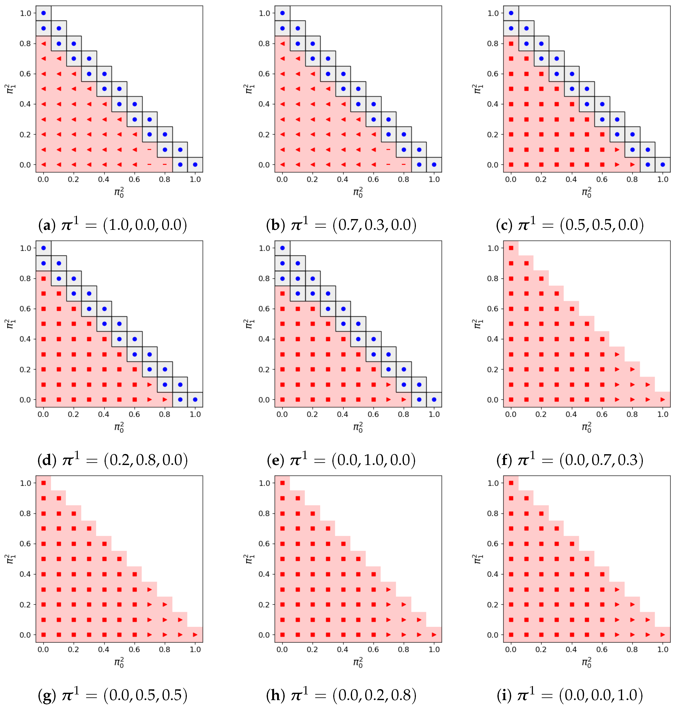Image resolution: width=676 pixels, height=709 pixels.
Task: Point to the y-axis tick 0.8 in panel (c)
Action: coord(493,44)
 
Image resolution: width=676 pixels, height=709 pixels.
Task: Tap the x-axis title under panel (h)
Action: coord(358,662)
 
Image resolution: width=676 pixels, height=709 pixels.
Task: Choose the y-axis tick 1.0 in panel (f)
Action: coord(493,248)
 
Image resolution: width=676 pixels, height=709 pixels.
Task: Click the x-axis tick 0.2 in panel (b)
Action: coord(312,179)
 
